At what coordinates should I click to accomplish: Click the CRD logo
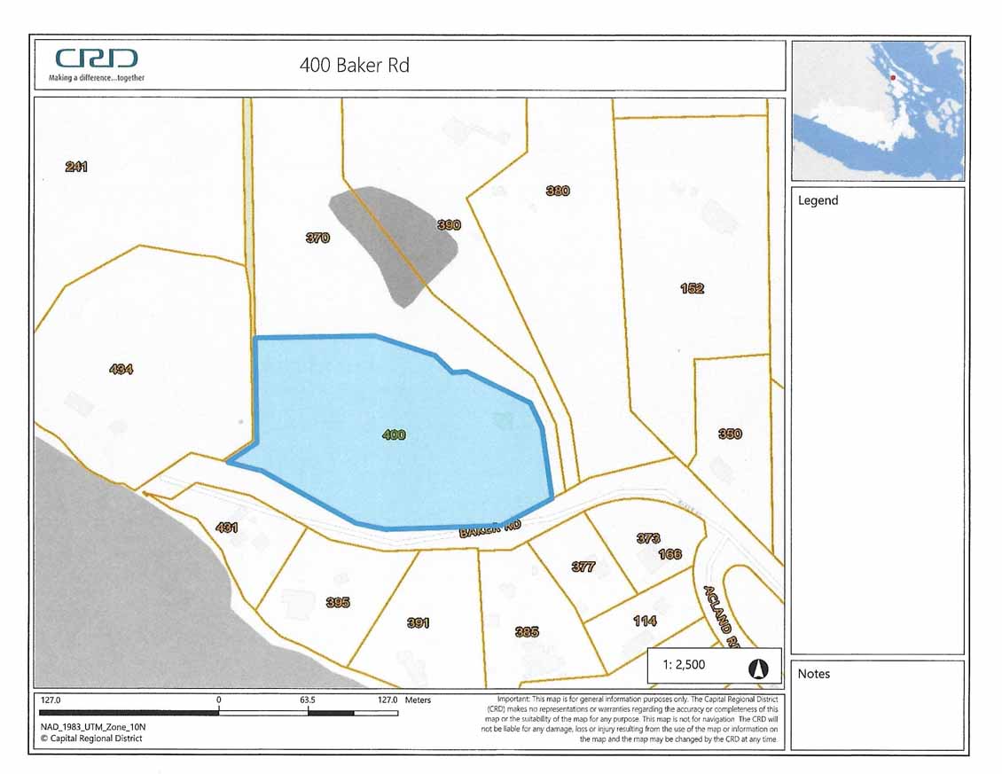[97, 59]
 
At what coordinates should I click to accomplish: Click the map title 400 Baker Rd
[355, 65]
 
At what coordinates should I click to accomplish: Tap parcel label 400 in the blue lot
[394, 434]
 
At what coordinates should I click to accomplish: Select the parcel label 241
[76, 167]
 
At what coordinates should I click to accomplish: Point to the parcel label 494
[121, 369]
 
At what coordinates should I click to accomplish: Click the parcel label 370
[317, 238]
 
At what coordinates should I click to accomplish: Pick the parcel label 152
[692, 288]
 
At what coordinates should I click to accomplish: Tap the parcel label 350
[730, 434]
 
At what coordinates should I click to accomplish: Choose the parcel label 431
[227, 528]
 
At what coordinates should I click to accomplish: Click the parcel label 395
[338, 602]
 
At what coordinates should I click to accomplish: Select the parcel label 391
[418, 622]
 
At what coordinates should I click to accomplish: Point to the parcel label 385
[527, 632]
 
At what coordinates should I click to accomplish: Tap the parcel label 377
[583, 567]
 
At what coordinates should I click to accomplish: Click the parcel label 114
[645, 621]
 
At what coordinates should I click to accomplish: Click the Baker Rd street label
[489, 529]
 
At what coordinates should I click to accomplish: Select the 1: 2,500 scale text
[684, 663]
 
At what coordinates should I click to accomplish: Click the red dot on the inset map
[893, 78]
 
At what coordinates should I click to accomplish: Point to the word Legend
[818, 200]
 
